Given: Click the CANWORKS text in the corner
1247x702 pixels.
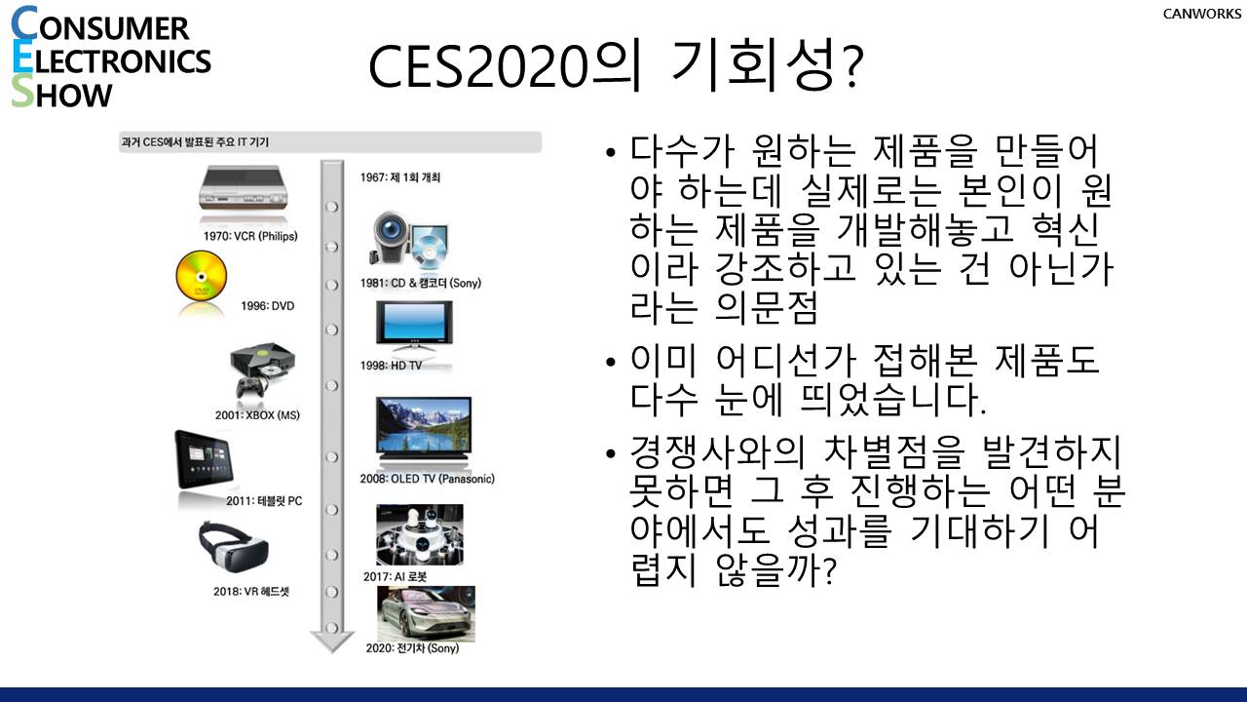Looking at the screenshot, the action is [1201, 14].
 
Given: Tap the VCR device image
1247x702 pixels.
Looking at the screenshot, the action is [244, 188].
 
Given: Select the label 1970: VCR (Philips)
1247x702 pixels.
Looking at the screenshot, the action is [250, 236].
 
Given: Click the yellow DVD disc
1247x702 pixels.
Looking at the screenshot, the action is [202, 276].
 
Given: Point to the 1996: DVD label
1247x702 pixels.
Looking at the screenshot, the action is [267, 306].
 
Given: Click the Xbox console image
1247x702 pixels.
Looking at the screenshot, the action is [262, 370].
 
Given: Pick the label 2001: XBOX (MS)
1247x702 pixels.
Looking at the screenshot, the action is [257, 415].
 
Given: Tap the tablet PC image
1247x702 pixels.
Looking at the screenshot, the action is [204, 459].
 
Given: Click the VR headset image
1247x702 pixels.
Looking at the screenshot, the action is [233, 547].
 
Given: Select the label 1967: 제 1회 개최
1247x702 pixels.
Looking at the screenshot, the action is [399, 177].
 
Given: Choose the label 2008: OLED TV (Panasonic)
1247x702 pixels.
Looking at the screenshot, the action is [427, 479].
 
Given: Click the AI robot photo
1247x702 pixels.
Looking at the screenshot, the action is [420, 535].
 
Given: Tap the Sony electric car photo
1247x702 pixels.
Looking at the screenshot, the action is [427, 613].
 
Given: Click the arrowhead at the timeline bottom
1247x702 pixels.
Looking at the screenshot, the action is [332, 642].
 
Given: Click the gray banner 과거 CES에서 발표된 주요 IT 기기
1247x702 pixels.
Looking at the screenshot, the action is [330, 142].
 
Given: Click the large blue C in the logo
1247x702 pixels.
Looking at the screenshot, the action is [24, 24].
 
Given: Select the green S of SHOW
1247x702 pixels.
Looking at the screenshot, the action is [22, 92].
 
